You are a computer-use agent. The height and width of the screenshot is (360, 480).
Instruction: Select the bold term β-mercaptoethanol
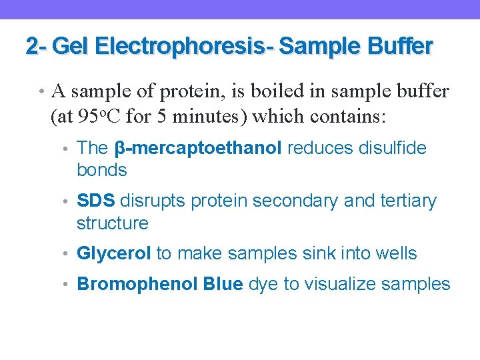[198, 148]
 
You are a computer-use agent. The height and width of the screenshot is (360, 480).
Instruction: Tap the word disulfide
[400, 148]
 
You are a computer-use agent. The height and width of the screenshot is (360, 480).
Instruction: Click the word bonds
[102, 170]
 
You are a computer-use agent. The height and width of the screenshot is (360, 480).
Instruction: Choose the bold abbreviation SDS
[97, 201]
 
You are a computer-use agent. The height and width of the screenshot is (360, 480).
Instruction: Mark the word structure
[112, 223]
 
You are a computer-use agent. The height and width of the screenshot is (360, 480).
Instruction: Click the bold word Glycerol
[115, 253]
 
